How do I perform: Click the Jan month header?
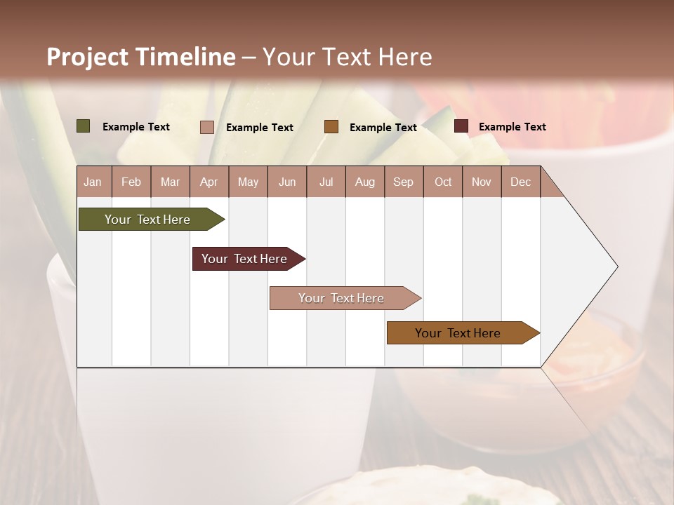pos(93,182)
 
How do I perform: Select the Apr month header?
pos(209,182)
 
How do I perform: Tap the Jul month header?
pos(326,182)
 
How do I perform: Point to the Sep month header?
pos(403,182)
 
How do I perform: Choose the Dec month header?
pos(520,182)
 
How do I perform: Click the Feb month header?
pos(131,182)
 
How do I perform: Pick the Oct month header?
pos(443,182)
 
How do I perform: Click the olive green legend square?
pos(83,126)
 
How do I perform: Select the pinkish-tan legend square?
pos(206,127)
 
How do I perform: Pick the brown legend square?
pos(331,127)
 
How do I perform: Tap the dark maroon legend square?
pos(461,126)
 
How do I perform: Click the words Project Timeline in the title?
pos(141,57)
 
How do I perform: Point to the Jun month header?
pos(287,182)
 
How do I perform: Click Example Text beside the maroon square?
pos(512,127)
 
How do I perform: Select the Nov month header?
pos(482,182)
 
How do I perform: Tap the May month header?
pos(248,182)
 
